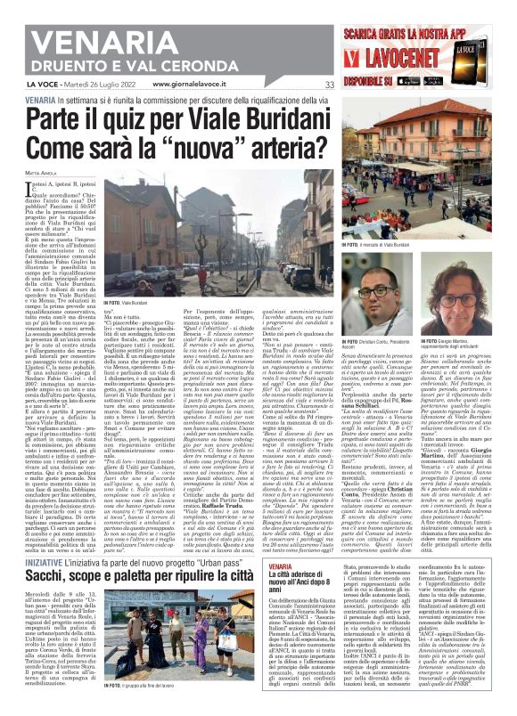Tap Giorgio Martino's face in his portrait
point(452,294)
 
